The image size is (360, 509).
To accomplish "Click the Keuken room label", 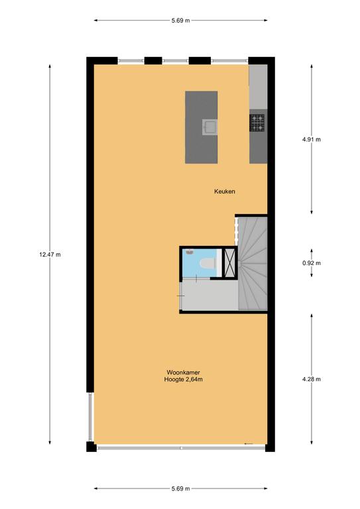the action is coord(224,192).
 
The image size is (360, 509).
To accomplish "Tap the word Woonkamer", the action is coord(183,372).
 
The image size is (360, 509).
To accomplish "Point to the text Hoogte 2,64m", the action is coord(184,379).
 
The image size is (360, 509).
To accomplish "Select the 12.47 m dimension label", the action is coord(50,254).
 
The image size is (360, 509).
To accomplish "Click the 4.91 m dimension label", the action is coord(312,140).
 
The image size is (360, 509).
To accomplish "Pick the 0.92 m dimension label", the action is coord(312,263).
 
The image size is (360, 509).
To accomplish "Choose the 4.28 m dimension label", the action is coord(312,379).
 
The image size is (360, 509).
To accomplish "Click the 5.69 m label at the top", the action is coord(181,21).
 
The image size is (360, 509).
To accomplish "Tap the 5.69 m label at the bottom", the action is coord(181,488).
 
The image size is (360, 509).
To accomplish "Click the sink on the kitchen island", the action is coord(210,127).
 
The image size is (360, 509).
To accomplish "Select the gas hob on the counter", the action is coord(257,123).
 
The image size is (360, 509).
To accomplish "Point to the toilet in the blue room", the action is coord(208,264).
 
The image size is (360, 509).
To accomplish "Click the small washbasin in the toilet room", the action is coord(190,252).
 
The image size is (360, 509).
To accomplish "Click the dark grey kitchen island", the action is coord(202,127).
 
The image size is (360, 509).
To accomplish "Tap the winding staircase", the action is coord(253,263).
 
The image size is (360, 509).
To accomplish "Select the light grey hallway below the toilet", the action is coord(210,295).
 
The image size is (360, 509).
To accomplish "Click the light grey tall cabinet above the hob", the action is coord(258,87).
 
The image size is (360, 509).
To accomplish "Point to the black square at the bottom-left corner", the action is coord(91,447).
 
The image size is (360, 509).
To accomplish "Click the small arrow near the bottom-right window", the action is coord(249,443).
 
